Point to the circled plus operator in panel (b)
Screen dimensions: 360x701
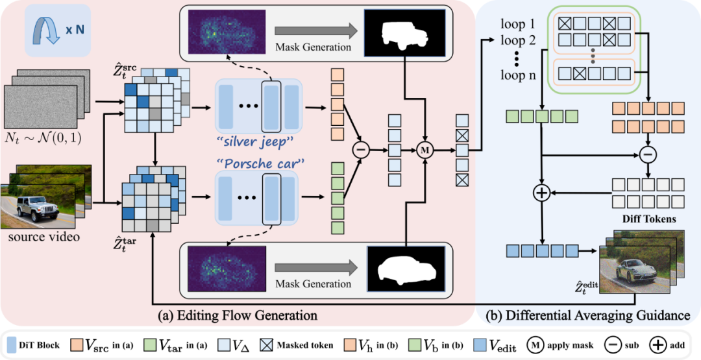click(541, 193)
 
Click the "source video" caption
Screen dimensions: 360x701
click(43, 237)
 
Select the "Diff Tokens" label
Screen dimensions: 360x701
click(648, 219)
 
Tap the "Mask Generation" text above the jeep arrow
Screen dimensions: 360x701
click(314, 47)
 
